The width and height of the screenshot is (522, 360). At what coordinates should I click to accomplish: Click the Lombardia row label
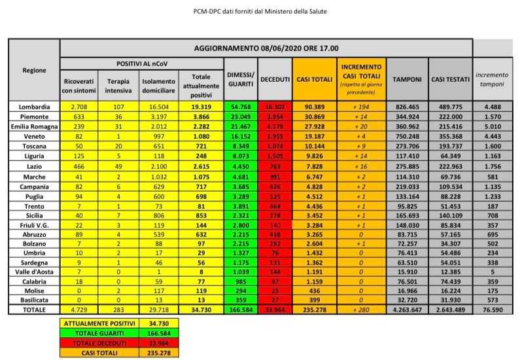point(34,107)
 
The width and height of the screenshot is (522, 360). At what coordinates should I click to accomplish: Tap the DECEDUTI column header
point(275,79)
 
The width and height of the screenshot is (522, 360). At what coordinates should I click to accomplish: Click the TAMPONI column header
point(406,79)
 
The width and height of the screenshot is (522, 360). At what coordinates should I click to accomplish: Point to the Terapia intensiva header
point(118,85)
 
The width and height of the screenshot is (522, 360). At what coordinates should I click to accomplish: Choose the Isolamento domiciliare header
point(158,85)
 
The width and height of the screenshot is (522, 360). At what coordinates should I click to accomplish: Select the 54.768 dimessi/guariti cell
point(240,107)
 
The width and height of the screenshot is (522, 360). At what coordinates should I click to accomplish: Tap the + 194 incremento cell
point(360,107)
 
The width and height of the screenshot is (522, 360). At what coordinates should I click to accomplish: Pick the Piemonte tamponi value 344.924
point(406,115)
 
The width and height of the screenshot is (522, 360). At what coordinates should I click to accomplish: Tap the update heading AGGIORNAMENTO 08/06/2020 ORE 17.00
point(266,48)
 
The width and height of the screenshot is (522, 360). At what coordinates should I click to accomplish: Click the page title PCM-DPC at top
point(261,11)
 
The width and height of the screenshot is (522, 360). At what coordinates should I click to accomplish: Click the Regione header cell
point(34,70)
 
